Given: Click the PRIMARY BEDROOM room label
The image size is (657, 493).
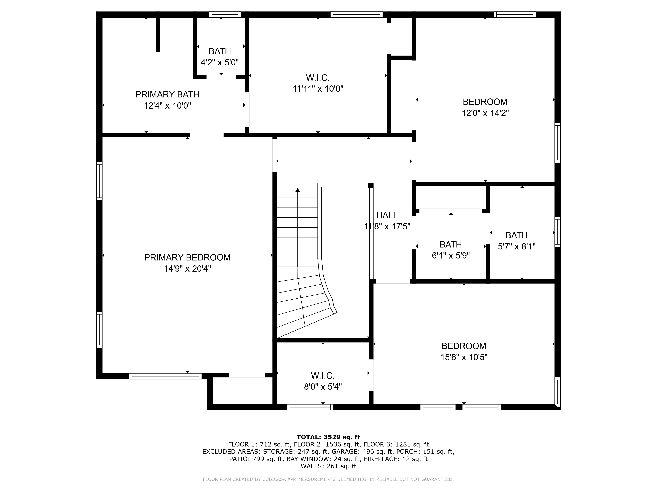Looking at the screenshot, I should (x=187, y=257).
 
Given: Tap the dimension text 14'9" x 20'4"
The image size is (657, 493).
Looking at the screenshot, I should (x=187, y=269).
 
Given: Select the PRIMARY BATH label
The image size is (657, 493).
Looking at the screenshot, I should (x=167, y=94).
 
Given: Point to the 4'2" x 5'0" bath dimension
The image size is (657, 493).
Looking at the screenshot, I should (x=220, y=62).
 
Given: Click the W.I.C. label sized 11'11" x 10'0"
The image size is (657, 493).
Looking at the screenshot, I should (x=318, y=78).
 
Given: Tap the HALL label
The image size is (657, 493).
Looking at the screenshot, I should (x=387, y=215).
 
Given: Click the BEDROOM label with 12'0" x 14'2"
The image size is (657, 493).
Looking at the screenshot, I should (x=485, y=102).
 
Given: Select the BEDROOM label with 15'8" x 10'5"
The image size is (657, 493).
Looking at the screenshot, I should (x=464, y=346).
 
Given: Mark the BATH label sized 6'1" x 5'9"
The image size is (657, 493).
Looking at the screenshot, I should (x=451, y=245).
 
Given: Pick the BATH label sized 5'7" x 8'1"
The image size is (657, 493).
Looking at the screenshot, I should (x=517, y=235).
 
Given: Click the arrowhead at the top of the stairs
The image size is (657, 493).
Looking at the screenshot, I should (x=297, y=190).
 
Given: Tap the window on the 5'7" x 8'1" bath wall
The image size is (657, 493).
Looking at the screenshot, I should (x=557, y=232).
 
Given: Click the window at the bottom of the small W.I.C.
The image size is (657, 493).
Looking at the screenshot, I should (x=310, y=407).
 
